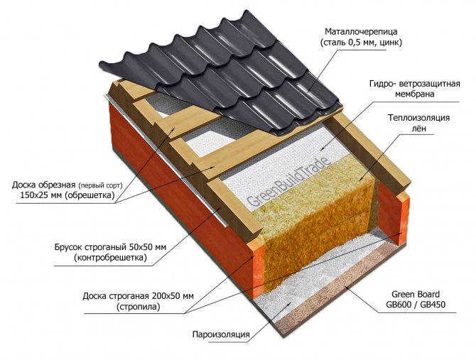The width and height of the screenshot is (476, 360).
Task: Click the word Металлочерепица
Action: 359,32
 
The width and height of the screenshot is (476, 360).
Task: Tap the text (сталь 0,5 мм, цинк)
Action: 359,44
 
